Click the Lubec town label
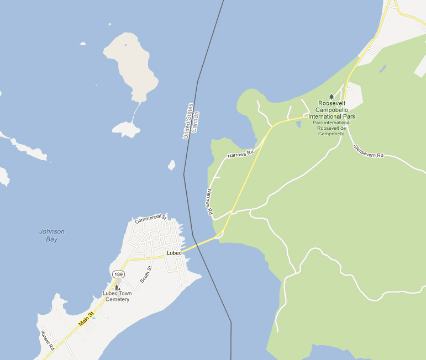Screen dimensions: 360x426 tap(174, 253)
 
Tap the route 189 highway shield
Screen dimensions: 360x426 tap(118, 274)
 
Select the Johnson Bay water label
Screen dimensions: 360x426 tap(52, 235)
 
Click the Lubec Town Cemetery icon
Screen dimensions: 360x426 tap(117, 287)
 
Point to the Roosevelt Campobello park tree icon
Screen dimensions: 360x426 tap(332, 97)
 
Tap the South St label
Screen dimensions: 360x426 tap(146, 274)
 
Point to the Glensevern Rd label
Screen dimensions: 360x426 tap(368, 151)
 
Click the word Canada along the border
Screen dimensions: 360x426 tap(194, 125)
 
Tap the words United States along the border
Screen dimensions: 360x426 tap(188, 121)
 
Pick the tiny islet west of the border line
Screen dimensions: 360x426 tap(172, 165)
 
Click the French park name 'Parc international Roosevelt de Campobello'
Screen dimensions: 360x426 tap(332, 128)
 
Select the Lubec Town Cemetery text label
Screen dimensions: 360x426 tap(116, 297)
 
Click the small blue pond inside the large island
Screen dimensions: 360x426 tap(126, 45)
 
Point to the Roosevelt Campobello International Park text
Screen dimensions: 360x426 tap(332, 110)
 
